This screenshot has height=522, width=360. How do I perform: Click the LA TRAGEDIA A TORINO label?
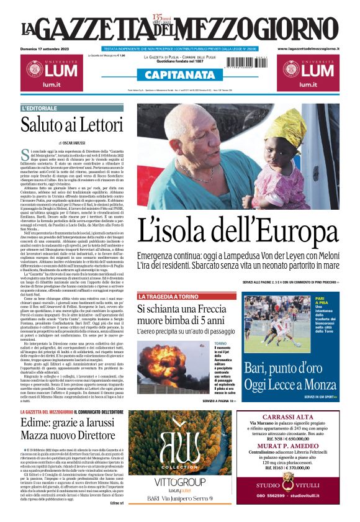[x=169, y=297]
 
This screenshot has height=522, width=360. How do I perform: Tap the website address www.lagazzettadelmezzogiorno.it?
[x=308, y=48]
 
